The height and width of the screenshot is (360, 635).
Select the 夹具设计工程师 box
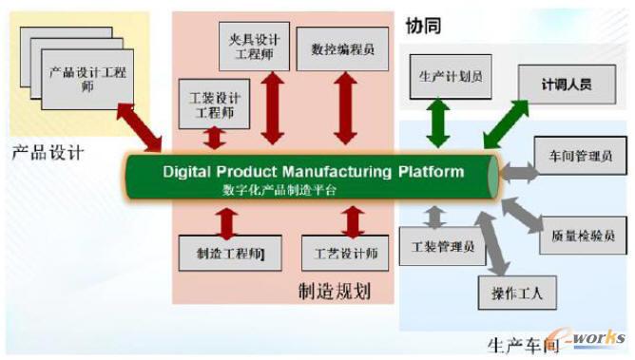(254, 45)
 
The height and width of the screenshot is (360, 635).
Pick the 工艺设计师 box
(346, 254)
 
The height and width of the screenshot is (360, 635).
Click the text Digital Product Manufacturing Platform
(314, 172)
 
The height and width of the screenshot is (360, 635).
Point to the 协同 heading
(423, 27)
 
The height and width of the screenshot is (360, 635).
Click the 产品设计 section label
(48, 150)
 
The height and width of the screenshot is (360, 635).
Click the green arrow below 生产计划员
(438, 123)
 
